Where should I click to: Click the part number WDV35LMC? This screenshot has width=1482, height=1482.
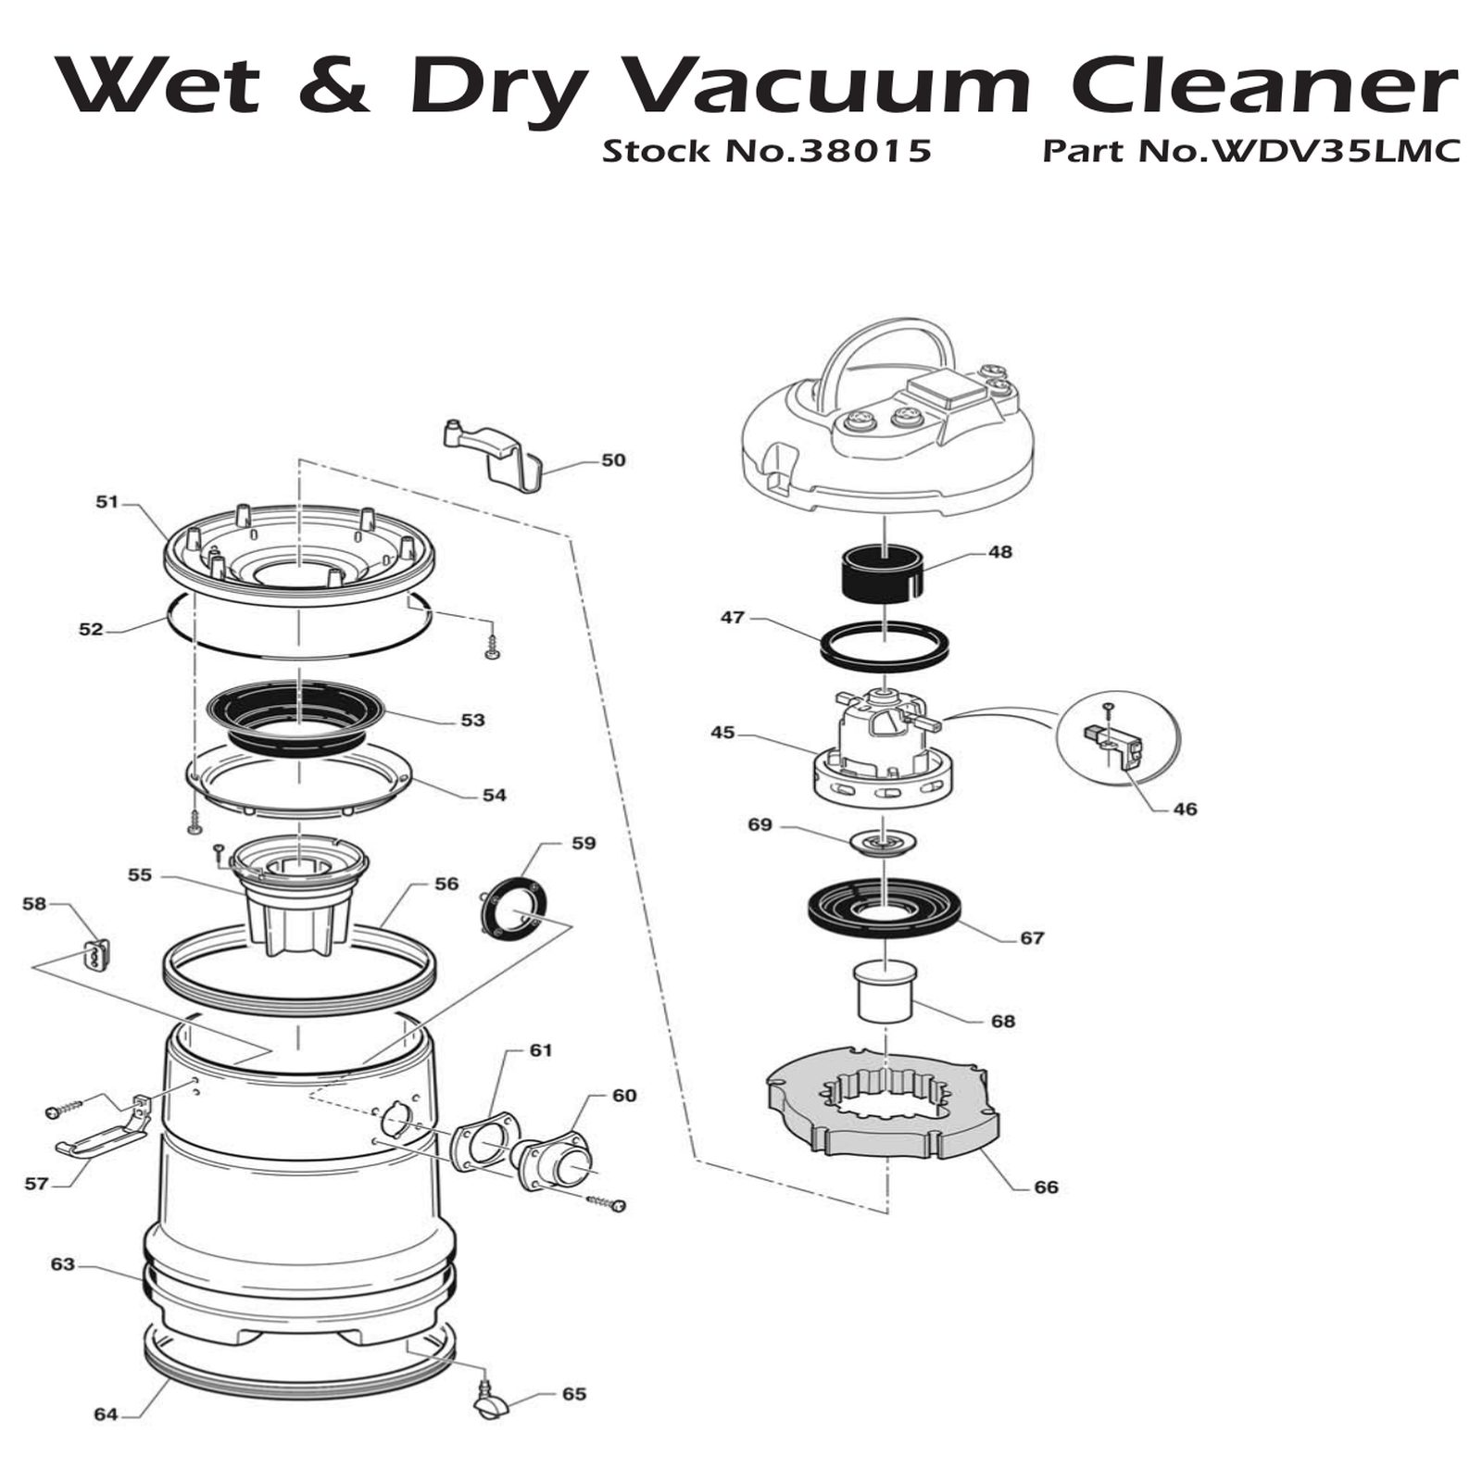(x=1330, y=151)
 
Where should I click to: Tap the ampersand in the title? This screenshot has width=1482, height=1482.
(x=334, y=85)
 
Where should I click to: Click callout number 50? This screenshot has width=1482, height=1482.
(x=613, y=460)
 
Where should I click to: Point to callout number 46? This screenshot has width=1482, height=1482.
(x=1185, y=809)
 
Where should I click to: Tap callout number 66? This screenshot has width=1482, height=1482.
(x=1045, y=1187)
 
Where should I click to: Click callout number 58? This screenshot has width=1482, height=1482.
(x=34, y=903)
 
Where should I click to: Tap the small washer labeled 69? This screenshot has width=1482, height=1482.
(x=885, y=842)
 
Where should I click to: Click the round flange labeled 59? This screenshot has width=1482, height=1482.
(x=516, y=911)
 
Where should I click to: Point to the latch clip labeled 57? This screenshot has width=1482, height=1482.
(x=102, y=1128)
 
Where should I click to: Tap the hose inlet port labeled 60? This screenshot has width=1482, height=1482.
(x=552, y=1153)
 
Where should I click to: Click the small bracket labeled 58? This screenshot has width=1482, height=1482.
(x=96, y=954)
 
